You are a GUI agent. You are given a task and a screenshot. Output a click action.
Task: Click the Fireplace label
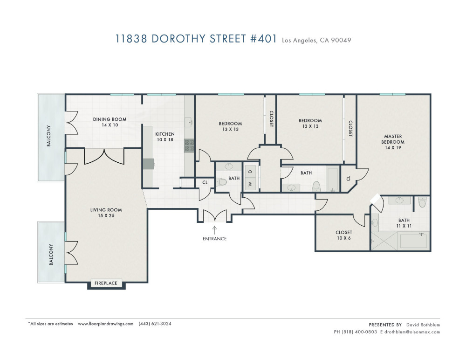coord(106,283)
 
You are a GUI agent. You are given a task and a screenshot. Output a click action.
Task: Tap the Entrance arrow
coord(214,230)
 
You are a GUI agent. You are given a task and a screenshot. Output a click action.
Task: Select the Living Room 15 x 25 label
coord(106,213)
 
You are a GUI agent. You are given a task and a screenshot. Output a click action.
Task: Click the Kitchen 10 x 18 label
coord(165,137)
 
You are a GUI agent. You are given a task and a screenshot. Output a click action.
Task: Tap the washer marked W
coord(250,184)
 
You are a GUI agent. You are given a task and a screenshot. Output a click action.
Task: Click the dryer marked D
coord(250,171)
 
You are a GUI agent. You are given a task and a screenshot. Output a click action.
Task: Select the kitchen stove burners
coord(189,145)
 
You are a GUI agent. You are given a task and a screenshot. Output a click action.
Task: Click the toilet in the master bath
coord(422,202)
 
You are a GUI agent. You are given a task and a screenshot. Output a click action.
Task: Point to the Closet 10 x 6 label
coord(343,235)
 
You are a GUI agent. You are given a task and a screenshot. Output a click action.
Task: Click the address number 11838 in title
coord(131,39)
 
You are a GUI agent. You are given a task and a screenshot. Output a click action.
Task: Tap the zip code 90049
coord(341,40)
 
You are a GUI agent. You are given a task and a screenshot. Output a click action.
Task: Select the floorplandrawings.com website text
coord(105,324)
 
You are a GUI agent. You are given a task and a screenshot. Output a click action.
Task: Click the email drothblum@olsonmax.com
coord(412,332)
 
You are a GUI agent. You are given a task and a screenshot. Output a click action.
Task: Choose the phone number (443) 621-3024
coord(155,324)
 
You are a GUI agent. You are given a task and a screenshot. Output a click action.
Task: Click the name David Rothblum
coord(423,325)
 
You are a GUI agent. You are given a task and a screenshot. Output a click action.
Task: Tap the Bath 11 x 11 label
coord(404,223)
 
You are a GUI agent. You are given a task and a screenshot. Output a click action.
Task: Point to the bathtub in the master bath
coord(413,241)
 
